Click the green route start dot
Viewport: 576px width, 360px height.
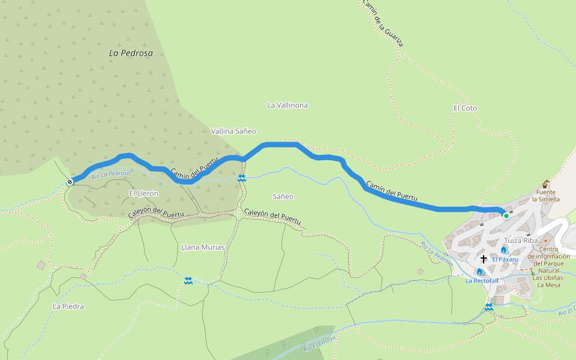[x=506, y=215]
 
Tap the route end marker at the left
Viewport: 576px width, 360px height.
[x=70, y=181]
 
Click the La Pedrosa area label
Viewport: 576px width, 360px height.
[x=131, y=53]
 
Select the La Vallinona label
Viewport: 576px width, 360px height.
[x=287, y=105]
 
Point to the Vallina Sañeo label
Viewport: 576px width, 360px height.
[x=233, y=131]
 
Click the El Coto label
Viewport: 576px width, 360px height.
[x=466, y=108]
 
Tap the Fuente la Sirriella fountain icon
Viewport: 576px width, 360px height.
[x=546, y=184]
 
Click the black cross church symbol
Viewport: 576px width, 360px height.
[x=484, y=259]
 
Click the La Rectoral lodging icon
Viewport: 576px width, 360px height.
[x=480, y=272]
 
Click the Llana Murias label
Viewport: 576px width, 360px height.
[x=203, y=247]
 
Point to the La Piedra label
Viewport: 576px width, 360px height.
[x=68, y=306]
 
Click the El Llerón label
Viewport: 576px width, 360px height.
[x=143, y=193]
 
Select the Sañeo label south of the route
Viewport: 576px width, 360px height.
[x=283, y=196]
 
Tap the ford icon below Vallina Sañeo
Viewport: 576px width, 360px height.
[x=241, y=178]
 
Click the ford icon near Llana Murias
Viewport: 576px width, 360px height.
[x=188, y=281]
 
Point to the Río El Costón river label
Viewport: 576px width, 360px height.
[x=319, y=344]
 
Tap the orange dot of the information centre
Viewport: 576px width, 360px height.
[x=545, y=241]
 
